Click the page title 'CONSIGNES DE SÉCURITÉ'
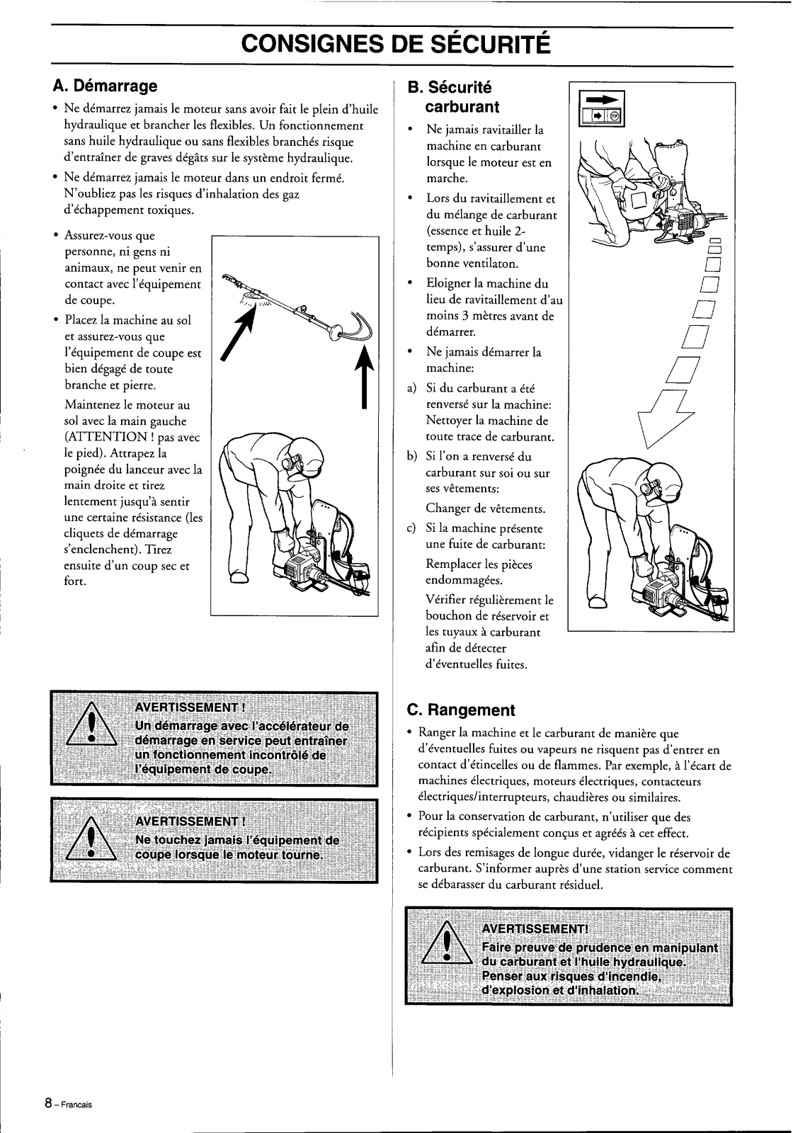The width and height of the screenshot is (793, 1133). click(x=396, y=43)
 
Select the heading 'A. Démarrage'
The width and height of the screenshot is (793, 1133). click(x=105, y=86)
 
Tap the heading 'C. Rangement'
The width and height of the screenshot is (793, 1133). click(x=460, y=710)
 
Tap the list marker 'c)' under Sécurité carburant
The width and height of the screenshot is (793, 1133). click(x=412, y=528)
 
